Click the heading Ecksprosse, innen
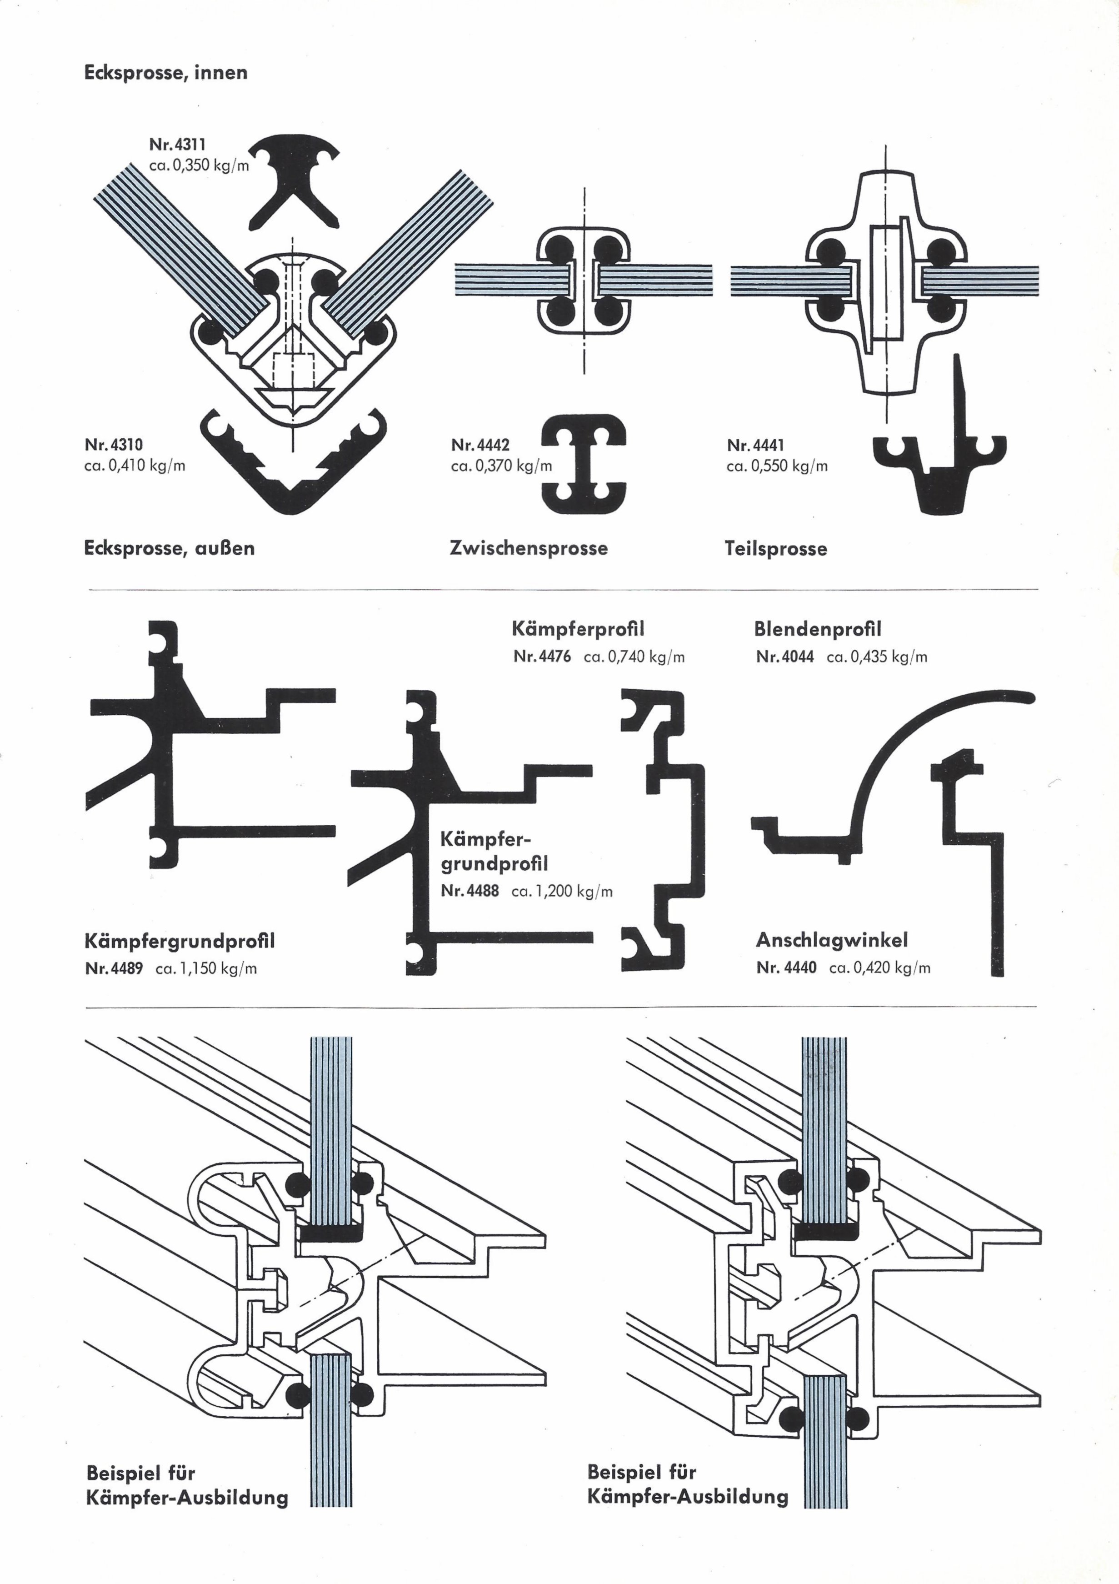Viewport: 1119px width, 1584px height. click(165, 72)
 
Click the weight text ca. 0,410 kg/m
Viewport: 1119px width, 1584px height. click(135, 465)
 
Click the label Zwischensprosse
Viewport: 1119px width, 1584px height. click(529, 548)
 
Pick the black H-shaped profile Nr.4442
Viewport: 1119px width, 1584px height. click(584, 464)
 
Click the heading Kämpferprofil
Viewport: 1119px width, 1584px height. click(578, 629)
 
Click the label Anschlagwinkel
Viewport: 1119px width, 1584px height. click(832, 940)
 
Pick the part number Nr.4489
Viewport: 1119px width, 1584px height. click(114, 968)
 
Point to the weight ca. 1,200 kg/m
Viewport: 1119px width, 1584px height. click(562, 892)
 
